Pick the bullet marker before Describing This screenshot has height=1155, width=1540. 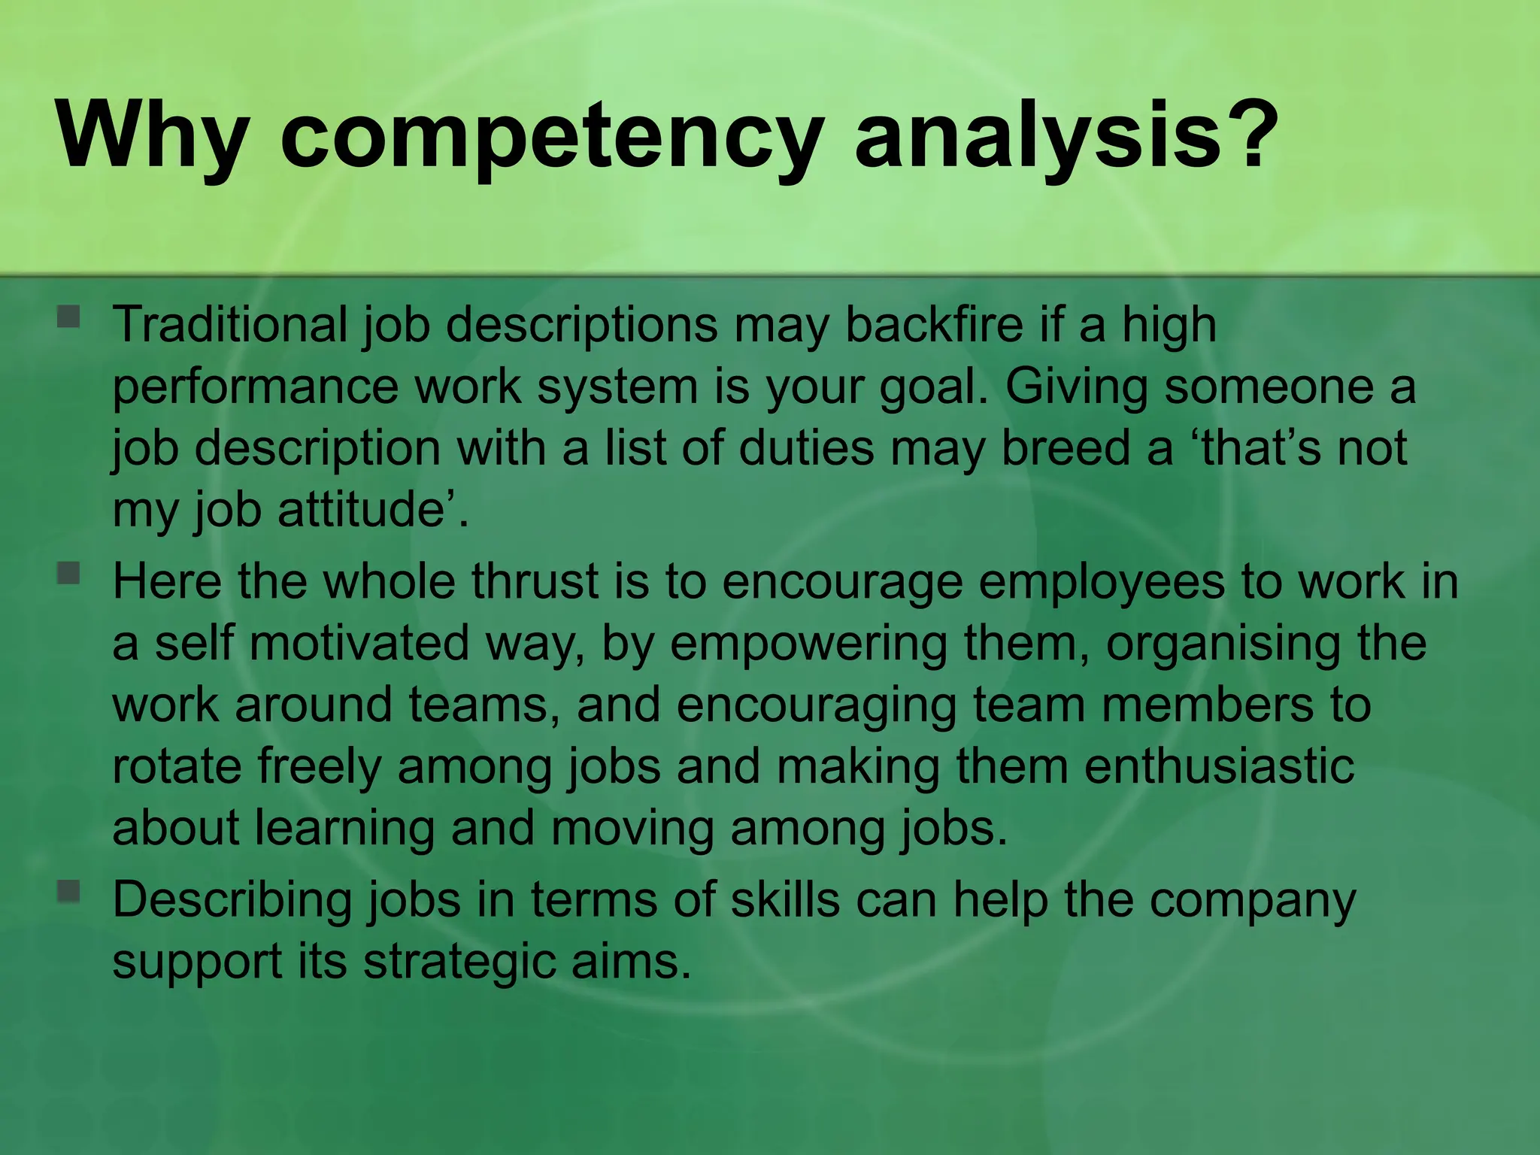click(x=68, y=892)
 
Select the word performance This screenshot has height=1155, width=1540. click(x=256, y=388)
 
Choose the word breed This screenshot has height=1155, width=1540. click(x=1067, y=448)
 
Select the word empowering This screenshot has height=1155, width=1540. click(x=809, y=645)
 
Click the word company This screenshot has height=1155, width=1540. click(x=1253, y=901)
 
